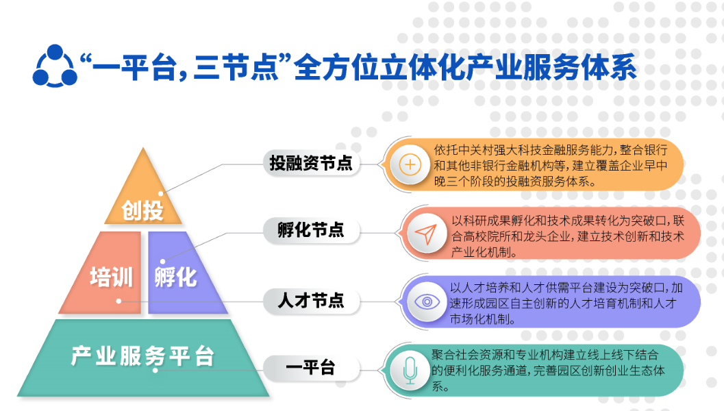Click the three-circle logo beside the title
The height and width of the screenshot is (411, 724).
[55, 66]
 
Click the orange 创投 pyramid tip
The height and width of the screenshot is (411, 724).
[143, 194]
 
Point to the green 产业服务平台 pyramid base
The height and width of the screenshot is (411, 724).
[143, 358]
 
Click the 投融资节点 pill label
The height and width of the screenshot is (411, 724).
[311, 164]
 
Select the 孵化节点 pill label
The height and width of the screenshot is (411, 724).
[311, 230]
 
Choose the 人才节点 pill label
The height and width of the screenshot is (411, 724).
[311, 301]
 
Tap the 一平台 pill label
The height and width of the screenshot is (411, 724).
[311, 368]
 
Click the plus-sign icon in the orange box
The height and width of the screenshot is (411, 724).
[410, 165]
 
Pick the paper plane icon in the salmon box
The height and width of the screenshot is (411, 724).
[426, 234]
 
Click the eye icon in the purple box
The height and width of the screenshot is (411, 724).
[427, 302]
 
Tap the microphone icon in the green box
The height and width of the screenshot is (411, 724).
[410, 371]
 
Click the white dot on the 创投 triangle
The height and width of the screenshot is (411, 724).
[161, 194]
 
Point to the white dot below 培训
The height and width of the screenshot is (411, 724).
[118, 301]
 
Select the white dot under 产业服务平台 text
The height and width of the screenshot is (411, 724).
[155, 370]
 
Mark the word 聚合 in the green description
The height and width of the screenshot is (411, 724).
[443, 355]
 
